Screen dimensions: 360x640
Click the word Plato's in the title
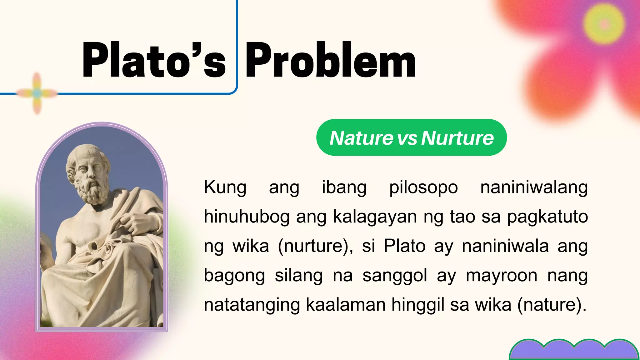[x=154, y=60]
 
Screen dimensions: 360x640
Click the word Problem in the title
[x=331, y=60]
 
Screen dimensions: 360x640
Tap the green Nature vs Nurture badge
[x=411, y=137]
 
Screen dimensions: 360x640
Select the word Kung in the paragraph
[x=225, y=187]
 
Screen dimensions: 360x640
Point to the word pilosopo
[x=423, y=187]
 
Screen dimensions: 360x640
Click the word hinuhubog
[x=247, y=217]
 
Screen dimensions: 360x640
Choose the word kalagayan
[x=375, y=217]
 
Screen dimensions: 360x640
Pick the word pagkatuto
[x=547, y=217]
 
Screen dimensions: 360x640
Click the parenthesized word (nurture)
[x=315, y=246]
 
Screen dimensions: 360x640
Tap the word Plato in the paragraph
[x=404, y=246]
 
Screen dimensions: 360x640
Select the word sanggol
[x=395, y=275]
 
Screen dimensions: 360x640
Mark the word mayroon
[x=501, y=275]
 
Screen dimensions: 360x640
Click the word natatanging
[x=252, y=305]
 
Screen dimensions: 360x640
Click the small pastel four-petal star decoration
[x=37, y=93]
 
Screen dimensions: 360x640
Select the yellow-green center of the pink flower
[x=604, y=24]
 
